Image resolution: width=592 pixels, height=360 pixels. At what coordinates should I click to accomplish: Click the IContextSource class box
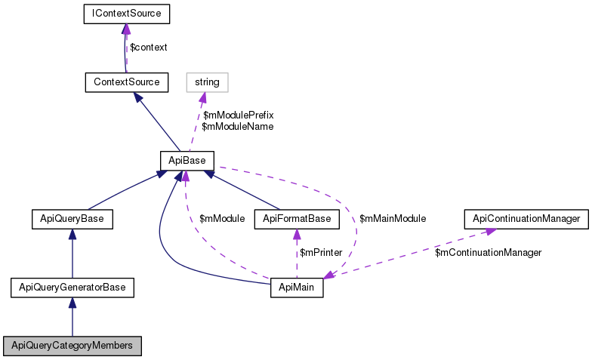tap(125, 14)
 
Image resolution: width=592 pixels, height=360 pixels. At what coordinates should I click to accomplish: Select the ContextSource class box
tap(126, 81)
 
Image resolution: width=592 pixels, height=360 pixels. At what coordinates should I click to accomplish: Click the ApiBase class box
tap(187, 160)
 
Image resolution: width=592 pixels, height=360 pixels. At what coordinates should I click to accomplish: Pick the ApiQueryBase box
tap(72, 219)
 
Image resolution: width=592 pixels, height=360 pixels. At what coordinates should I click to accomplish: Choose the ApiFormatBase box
tap(297, 219)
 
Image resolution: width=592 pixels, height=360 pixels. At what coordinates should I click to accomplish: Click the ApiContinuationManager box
tap(526, 219)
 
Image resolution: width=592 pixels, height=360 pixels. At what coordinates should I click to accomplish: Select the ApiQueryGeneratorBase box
tap(72, 287)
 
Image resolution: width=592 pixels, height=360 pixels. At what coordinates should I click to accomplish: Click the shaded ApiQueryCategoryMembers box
tap(72, 346)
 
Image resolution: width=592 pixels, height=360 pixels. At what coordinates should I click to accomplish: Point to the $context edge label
tap(149, 47)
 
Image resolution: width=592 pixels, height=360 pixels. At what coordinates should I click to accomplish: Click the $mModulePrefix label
tap(238, 115)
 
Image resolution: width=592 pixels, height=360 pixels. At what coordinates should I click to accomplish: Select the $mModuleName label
tap(237, 127)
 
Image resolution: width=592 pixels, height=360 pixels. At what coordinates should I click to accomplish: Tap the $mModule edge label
tap(222, 219)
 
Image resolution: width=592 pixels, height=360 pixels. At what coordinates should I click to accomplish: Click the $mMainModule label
tap(393, 219)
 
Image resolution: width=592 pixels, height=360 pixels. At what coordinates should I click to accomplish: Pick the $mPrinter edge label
tap(321, 252)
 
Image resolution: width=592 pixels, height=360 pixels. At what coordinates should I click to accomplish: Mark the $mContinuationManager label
tap(488, 252)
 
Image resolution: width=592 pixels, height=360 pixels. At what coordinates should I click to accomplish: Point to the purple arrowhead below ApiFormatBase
tap(297, 234)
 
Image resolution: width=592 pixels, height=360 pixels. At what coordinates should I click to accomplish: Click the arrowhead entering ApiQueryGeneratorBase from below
tap(72, 302)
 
